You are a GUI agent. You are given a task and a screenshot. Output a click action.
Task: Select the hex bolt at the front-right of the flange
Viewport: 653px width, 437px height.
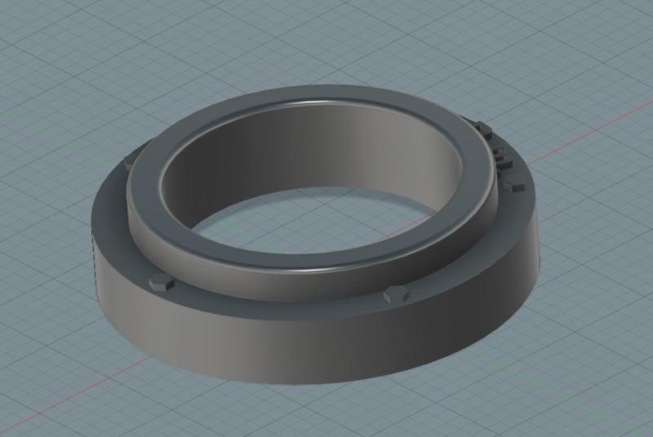click(395, 294)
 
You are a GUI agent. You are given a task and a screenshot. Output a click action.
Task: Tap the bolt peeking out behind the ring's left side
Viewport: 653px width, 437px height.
click(128, 164)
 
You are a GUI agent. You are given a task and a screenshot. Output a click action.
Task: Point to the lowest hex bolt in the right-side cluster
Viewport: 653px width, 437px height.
click(513, 185)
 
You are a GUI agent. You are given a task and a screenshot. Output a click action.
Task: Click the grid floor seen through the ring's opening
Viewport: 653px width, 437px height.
click(310, 221)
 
